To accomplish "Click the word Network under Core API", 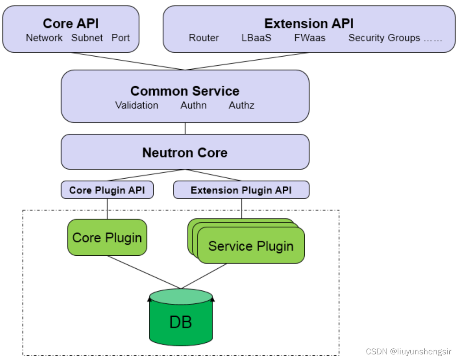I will click(x=44, y=38).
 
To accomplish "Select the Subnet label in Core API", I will click(x=87, y=38).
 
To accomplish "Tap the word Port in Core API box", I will click(x=120, y=38).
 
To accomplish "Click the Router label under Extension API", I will click(x=203, y=38).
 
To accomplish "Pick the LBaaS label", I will click(x=256, y=38).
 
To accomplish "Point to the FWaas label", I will click(x=310, y=38).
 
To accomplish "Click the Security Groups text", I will click(x=384, y=38).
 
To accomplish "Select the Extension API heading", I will click(x=309, y=23).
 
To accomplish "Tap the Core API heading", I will click(x=71, y=23).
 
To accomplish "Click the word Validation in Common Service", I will click(x=136, y=105).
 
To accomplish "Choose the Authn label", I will click(x=193, y=105).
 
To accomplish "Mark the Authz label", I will click(x=241, y=105).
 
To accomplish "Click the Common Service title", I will click(x=185, y=91).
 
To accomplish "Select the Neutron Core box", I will click(x=185, y=152).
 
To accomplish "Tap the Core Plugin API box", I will click(x=107, y=190).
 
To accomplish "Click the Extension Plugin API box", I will click(x=241, y=190).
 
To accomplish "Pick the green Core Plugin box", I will click(x=107, y=238).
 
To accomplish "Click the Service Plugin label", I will click(x=251, y=246).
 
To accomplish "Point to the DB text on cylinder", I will click(x=181, y=322).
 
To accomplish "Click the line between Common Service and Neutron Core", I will click(x=185, y=128).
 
